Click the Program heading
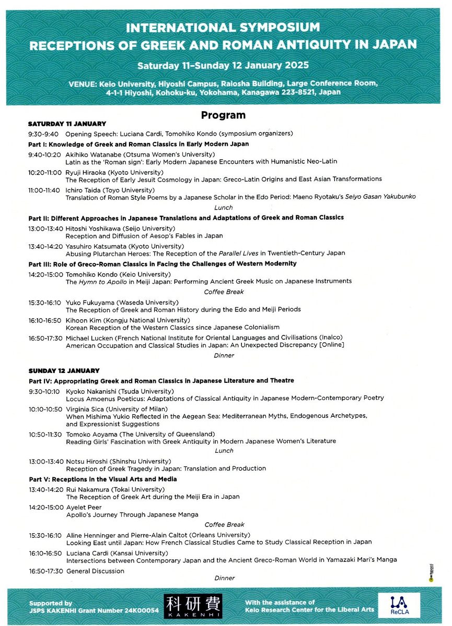click(223, 115)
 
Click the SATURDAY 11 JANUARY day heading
click(67, 124)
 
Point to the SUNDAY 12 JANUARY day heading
click(64, 370)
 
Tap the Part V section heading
click(103, 479)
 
